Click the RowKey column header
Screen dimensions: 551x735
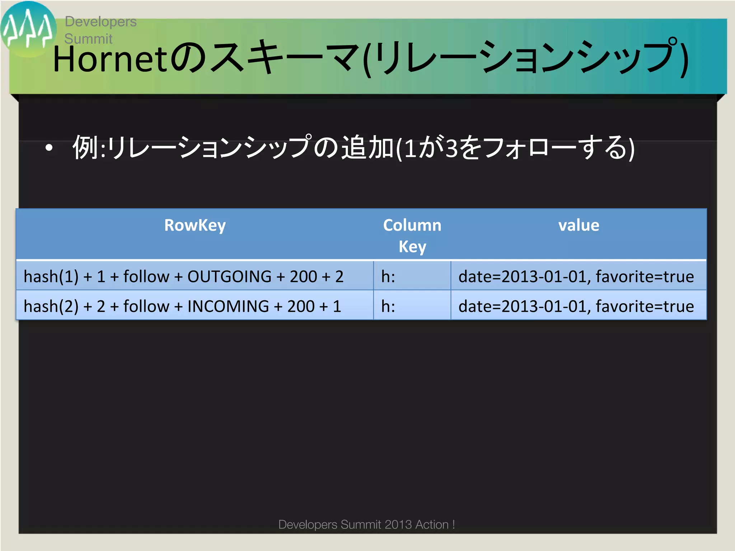195,226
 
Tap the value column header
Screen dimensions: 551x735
579,226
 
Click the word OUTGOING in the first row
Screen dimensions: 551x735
229,277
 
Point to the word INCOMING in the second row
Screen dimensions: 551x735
228,306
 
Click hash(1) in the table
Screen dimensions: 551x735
51,277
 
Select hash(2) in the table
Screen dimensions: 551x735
51,306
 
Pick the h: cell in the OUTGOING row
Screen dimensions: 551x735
388,277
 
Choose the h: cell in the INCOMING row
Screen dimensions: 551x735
388,306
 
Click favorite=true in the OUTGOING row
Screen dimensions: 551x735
645,277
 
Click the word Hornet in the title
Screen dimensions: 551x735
110,59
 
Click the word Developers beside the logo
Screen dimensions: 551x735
100,22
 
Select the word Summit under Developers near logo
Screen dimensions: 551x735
88,39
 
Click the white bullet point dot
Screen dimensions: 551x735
49,147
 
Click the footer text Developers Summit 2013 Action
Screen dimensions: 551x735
366,524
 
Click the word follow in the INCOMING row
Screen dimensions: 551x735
146,306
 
